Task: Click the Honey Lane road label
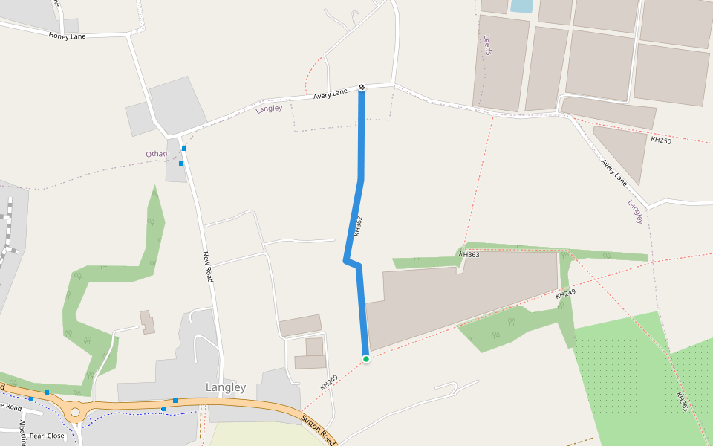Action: pyautogui.click(x=67, y=35)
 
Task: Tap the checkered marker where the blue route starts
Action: pyautogui.click(x=362, y=88)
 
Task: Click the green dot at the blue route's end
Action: pyautogui.click(x=365, y=359)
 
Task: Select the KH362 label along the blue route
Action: pyautogui.click(x=358, y=226)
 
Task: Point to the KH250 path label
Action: pyautogui.click(x=660, y=140)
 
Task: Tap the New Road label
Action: pyautogui.click(x=209, y=267)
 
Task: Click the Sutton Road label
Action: pyautogui.click(x=319, y=430)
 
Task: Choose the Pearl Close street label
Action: pyautogui.click(x=47, y=436)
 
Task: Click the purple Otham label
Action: pyautogui.click(x=157, y=154)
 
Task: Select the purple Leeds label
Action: pyautogui.click(x=488, y=45)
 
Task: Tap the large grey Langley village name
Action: pyautogui.click(x=225, y=387)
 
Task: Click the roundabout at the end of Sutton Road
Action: pyautogui.click(x=74, y=411)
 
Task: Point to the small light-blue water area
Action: pyautogui.click(x=521, y=6)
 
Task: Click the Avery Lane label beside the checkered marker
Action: pyautogui.click(x=331, y=94)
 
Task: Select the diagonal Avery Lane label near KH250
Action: pyautogui.click(x=614, y=172)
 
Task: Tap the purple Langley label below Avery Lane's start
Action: pyautogui.click(x=269, y=109)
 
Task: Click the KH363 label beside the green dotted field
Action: pyautogui.click(x=683, y=402)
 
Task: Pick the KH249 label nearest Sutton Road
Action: pyautogui.click(x=328, y=383)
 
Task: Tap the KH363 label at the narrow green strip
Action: pyautogui.click(x=469, y=254)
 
